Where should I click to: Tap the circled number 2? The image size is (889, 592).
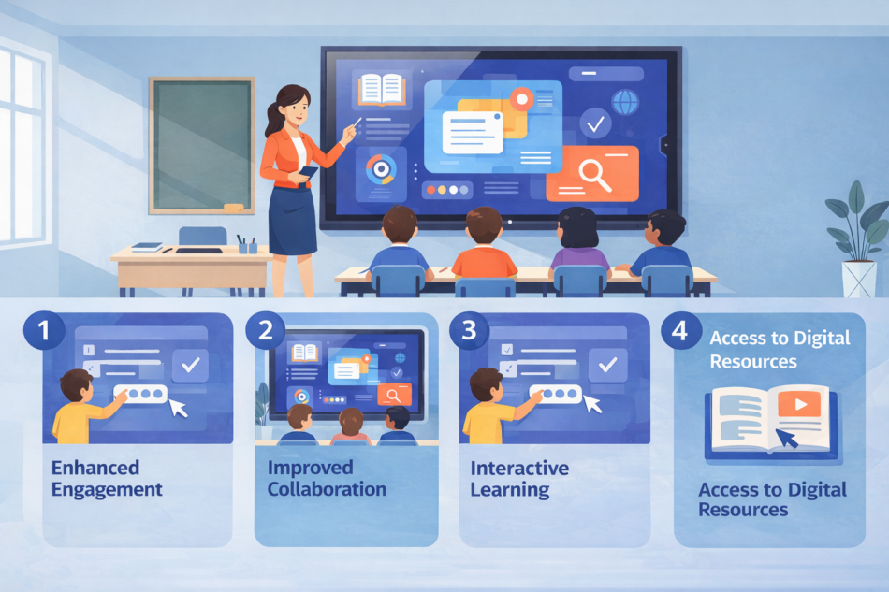pos(266,330)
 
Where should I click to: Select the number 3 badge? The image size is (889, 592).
pos(469,330)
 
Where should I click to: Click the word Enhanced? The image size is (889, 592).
pos(95,468)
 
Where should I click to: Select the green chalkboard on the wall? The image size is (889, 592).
pos(202,144)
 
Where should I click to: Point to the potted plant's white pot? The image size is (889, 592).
pos(858,278)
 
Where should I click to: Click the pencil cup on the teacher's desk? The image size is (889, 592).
pos(248,245)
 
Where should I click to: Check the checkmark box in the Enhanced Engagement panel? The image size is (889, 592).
pos(194,365)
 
